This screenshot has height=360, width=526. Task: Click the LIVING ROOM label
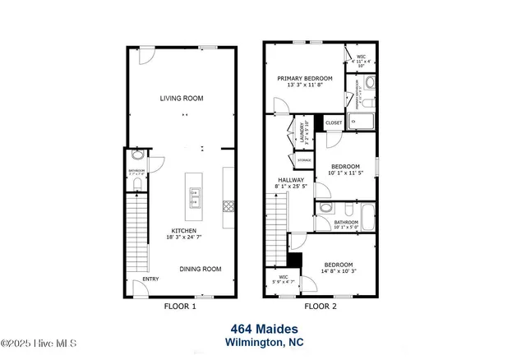pyautogui.click(x=181, y=99)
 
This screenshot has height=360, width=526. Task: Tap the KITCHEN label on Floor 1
pyautogui.click(x=183, y=231)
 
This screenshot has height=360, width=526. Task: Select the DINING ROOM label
pyautogui.click(x=201, y=269)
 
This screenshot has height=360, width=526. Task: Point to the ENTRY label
pyautogui.click(x=150, y=279)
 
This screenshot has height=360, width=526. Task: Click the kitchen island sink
pyautogui.click(x=195, y=196)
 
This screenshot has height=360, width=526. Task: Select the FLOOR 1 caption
pyautogui.click(x=181, y=307)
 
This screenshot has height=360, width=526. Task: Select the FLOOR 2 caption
pyautogui.click(x=321, y=307)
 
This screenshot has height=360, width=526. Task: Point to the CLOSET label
pyautogui.click(x=334, y=122)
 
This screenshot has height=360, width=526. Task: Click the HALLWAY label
pyautogui.click(x=290, y=180)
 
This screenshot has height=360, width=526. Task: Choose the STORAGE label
pyautogui.click(x=304, y=159)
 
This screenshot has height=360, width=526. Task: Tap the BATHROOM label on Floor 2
pyautogui.click(x=345, y=222)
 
